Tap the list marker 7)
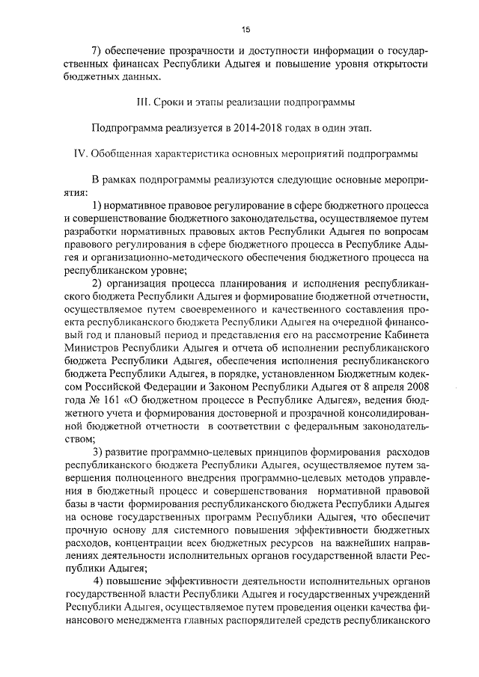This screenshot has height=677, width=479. [x=97, y=52]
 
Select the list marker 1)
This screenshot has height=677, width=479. [x=98, y=205]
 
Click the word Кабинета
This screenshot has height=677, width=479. [x=402, y=336]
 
